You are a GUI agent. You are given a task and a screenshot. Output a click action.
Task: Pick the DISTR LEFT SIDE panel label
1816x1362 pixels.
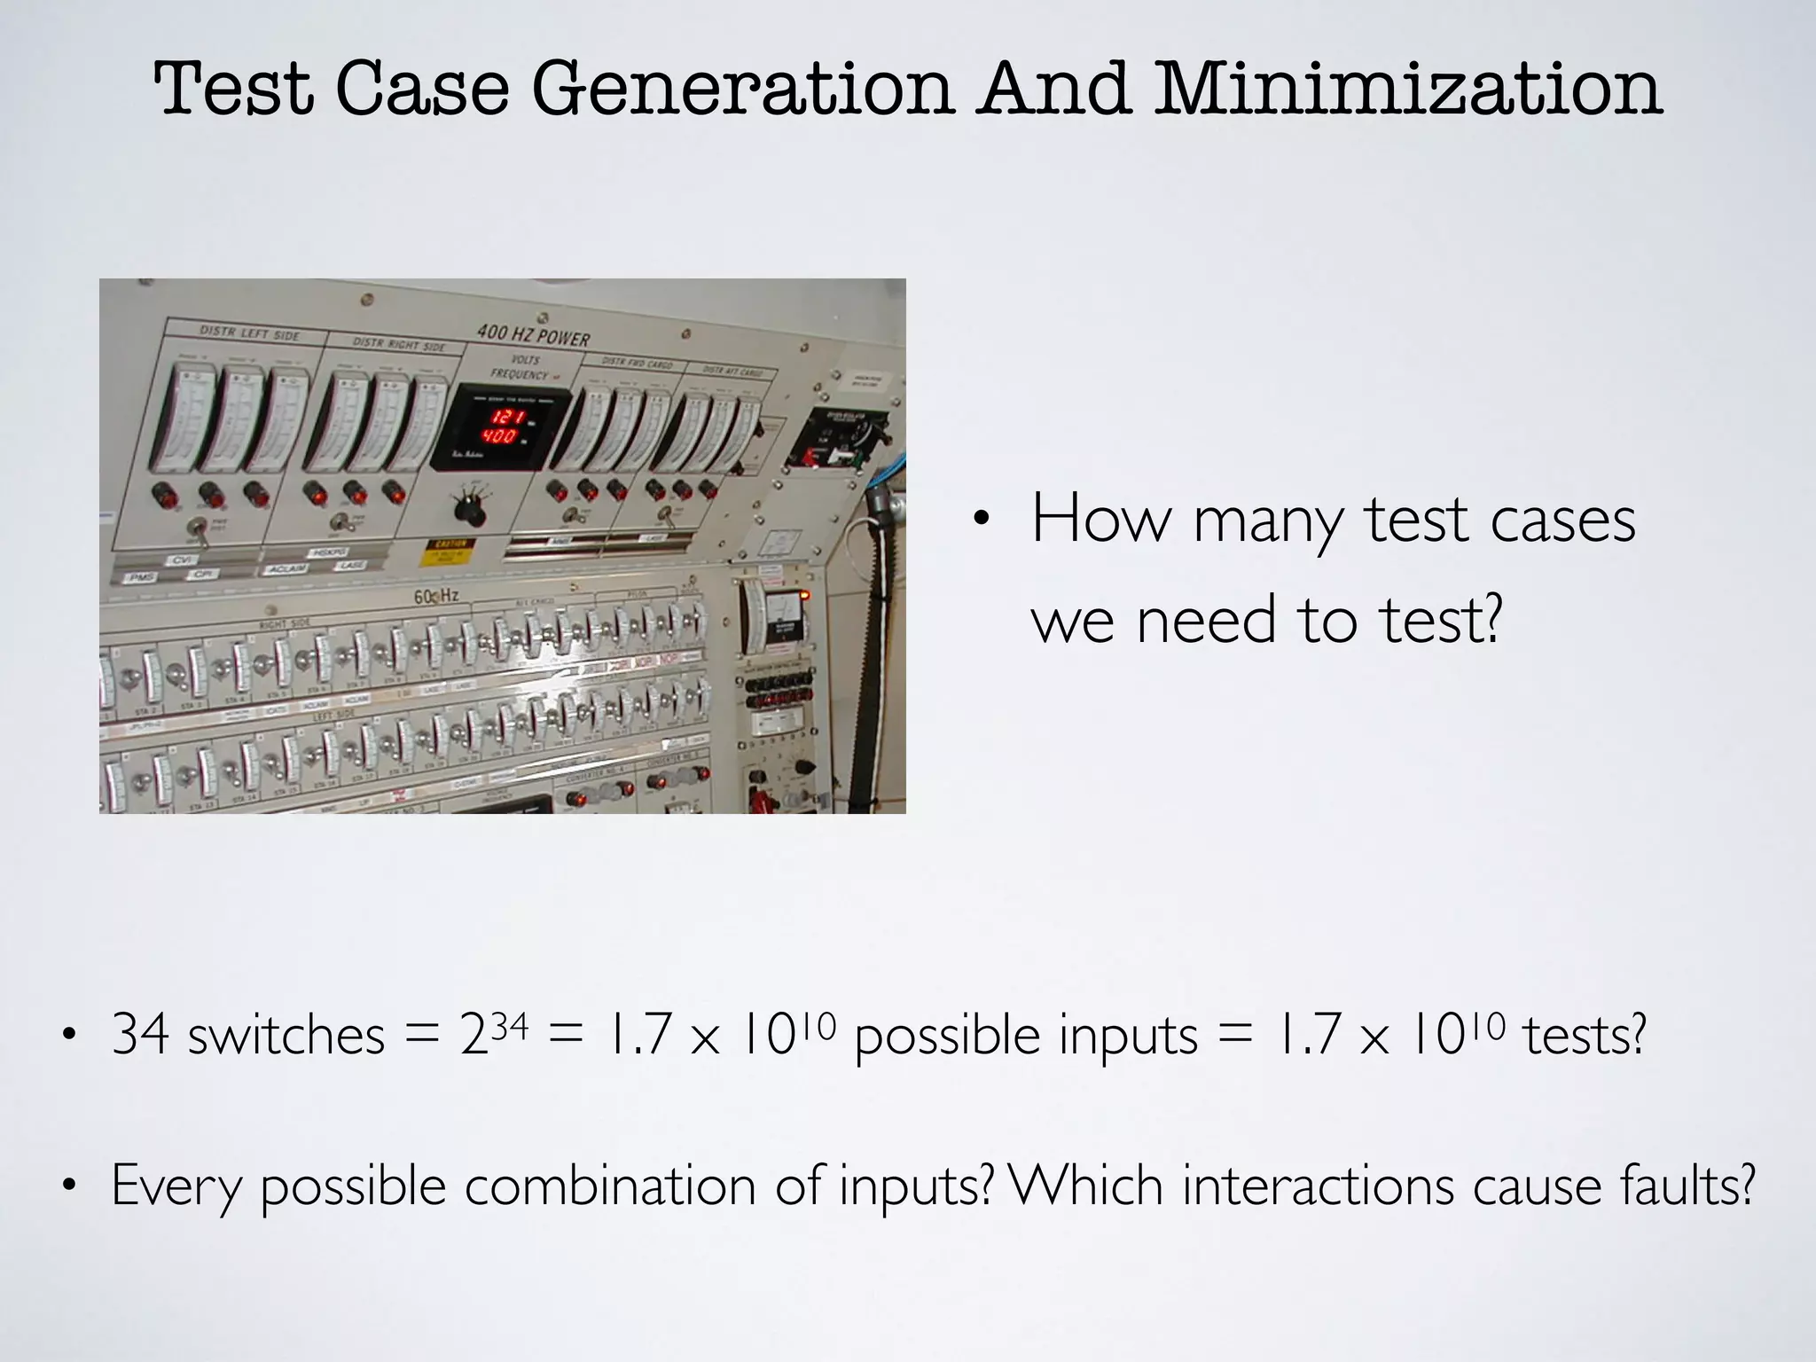[249, 333]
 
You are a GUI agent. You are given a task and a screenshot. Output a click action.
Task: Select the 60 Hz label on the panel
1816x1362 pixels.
[435, 597]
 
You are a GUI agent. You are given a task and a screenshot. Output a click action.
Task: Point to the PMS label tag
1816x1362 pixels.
[142, 577]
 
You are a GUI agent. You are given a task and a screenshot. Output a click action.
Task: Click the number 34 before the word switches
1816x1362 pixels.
[140, 1034]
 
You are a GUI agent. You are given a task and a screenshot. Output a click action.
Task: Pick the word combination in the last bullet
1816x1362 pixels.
[609, 1186]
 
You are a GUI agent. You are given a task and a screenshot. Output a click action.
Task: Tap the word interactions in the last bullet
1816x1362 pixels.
[1318, 1186]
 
